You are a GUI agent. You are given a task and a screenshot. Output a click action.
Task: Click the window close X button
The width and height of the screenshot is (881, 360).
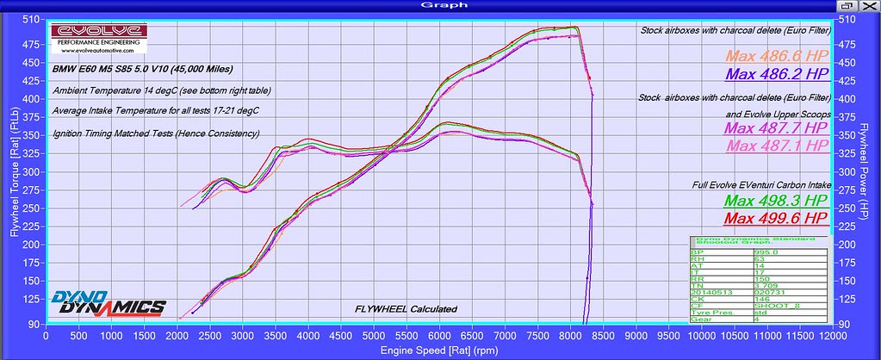[872, 4]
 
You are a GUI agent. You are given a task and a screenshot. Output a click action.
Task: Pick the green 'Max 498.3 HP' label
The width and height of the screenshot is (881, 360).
[776, 201]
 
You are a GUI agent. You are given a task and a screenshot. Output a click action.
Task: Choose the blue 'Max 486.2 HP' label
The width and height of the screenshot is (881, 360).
[776, 74]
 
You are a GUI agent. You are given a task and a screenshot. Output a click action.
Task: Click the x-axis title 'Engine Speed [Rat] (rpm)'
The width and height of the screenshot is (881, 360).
[440, 351]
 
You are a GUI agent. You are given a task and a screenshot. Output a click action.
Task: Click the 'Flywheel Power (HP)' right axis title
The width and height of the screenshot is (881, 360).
[872, 172]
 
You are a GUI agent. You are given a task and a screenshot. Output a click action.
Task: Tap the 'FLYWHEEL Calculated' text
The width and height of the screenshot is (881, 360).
[406, 308]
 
